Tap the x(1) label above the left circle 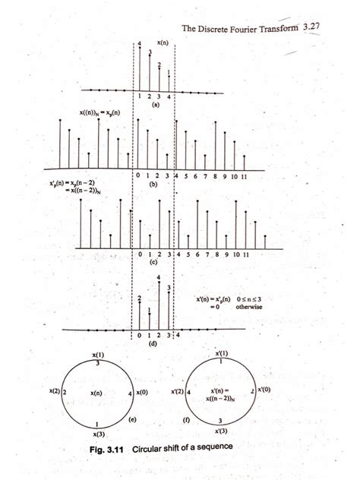[x=98, y=355]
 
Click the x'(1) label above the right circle [x=221, y=354]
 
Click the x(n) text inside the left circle [x=96, y=393]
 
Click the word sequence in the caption [x=213, y=447]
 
